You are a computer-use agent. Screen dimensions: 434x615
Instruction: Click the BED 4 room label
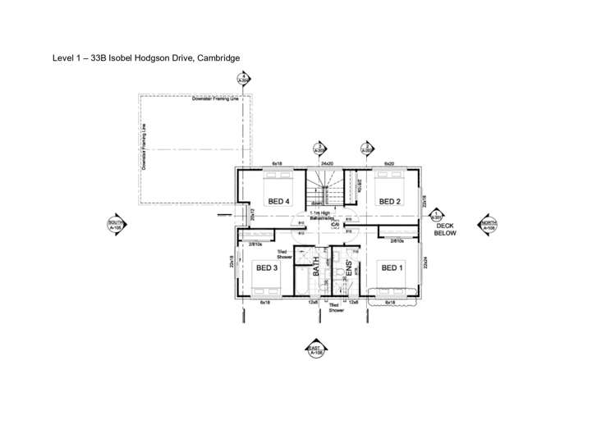coord(279,201)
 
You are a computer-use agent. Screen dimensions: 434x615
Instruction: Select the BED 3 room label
coord(268,267)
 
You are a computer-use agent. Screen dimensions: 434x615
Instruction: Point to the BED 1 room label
coord(391,267)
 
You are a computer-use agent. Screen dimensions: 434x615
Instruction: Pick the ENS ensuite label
coord(348,267)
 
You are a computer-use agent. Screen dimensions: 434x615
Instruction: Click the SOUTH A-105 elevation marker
coord(115,225)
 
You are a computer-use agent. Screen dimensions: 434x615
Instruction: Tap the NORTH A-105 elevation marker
coord(489,225)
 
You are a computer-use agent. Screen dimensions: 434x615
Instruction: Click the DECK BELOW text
coord(445,229)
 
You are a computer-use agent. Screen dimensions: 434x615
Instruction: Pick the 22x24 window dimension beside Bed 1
coord(425,264)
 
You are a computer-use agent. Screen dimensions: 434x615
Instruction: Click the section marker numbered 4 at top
coord(243,80)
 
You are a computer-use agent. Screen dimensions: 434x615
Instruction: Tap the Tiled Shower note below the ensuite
coord(336,308)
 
